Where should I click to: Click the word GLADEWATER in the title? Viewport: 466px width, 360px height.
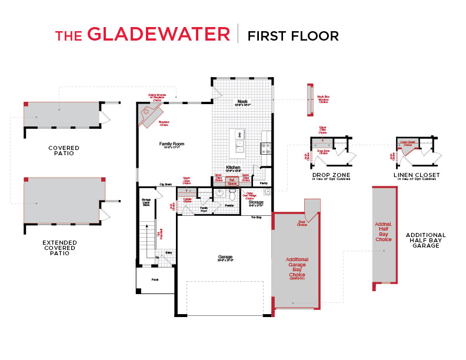click(x=158, y=35)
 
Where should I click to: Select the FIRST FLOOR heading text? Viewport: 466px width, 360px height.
click(x=293, y=36)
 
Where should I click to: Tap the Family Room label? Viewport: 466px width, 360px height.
click(x=171, y=144)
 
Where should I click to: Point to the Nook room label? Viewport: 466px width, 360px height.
click(x=242, y=101)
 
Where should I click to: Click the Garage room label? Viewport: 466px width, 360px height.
click(x=225, y=257)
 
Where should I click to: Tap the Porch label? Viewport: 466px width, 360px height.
click(x=155, y=279)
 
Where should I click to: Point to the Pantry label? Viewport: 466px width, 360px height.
click(x=264, y=184)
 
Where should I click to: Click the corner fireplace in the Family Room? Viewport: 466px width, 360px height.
click(x=147, y=115)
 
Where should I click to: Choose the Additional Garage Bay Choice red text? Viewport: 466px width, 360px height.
click(x=297, y=267)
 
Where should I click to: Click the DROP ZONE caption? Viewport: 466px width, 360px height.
click(x=331, y=175)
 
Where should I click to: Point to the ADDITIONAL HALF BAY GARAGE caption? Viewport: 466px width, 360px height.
click(x=425, y=240)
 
